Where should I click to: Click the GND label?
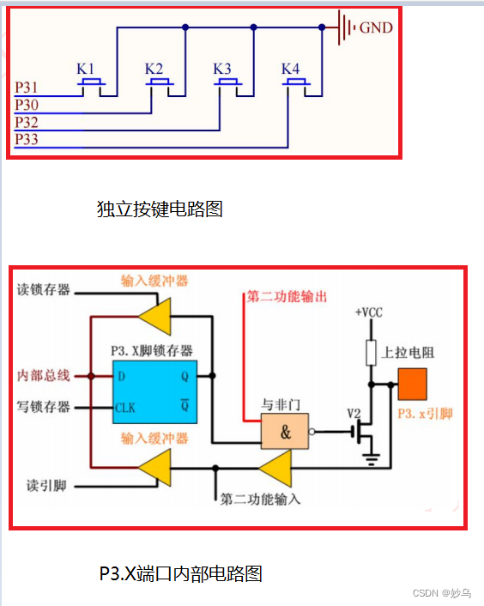[x=376, y=27]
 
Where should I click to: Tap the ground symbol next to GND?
[x=345, y=27]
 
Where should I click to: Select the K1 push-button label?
[x=86, y=69]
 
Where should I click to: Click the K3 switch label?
[x=222, y=69]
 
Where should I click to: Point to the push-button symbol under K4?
[x=296, y=84]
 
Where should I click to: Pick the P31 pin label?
[x=27, y=88]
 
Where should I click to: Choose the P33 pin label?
[x=27, y=139]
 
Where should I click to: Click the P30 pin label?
[x=27, y=105]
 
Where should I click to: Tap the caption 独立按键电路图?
[x=160, y=208]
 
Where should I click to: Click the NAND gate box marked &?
[x=286, y=433]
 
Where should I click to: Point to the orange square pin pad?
[x=413, y=385]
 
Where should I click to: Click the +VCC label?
[x=368, y=312]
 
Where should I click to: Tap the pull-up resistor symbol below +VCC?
[x=372, y=353]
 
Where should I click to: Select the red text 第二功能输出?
[x=287, y=297]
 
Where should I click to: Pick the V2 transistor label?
[x=354, y=413]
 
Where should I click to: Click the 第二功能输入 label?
[x=260, y=499]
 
